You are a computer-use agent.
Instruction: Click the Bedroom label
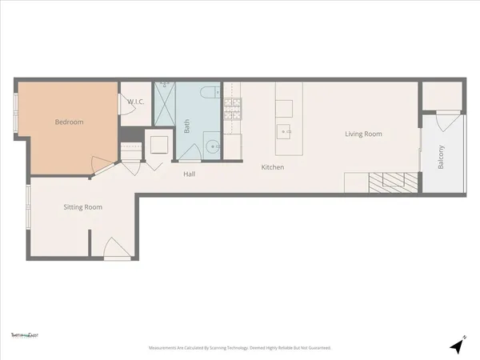coord(69,122)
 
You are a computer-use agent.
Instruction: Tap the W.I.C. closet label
coord(134,102)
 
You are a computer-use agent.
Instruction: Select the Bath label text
coord(186,126)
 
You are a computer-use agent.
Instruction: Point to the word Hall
coord(190,174)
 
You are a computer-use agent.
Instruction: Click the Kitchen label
coord(273,167)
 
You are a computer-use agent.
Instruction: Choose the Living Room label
coord(363,134)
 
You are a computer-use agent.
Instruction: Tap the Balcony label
coord(441,156)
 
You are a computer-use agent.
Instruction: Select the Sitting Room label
coord(83,207)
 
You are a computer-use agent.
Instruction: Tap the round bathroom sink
coord(212,146)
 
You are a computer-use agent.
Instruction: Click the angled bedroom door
coord(99,165)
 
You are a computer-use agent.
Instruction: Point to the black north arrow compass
coord(457,346)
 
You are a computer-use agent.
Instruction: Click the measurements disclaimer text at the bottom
coord(239,348)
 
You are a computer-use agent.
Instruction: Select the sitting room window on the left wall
coord(29,209)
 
